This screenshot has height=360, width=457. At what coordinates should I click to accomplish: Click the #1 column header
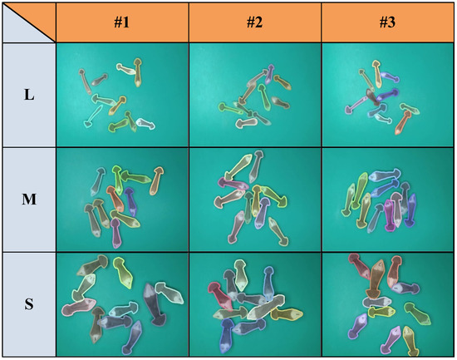[122, 22]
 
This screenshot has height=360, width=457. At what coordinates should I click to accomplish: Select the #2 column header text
[254, 22]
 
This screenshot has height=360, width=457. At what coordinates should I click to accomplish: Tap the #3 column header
[387, 22]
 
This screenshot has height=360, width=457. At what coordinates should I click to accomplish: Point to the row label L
[29, 95]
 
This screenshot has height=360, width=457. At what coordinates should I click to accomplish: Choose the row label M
[29, 200]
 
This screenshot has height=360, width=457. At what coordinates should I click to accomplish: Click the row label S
[29, 304]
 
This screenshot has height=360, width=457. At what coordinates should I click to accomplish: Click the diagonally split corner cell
[29, 22]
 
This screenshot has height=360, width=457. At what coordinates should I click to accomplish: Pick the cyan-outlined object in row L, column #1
[93, 116]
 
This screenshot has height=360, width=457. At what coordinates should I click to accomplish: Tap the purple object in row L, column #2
[270, 73]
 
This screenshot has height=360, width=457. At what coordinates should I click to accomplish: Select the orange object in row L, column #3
[403, 122]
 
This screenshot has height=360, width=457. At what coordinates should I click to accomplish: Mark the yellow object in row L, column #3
[377, 73]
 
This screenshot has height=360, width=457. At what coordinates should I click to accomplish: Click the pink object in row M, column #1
[116, 234]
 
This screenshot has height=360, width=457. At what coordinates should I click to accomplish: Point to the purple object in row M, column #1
[130, 201]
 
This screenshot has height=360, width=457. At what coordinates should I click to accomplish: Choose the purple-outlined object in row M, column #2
[262, 213]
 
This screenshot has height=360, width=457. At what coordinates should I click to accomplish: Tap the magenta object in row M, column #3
[390, 215]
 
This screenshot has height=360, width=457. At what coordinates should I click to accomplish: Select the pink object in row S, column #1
[78, 306]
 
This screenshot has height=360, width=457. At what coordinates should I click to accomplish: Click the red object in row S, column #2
[219, 296]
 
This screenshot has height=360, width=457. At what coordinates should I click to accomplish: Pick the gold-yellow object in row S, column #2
[287, 313]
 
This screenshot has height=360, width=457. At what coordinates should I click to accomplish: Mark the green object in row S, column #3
[417, 313]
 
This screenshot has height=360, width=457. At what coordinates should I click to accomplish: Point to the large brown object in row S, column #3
[375, 279]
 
